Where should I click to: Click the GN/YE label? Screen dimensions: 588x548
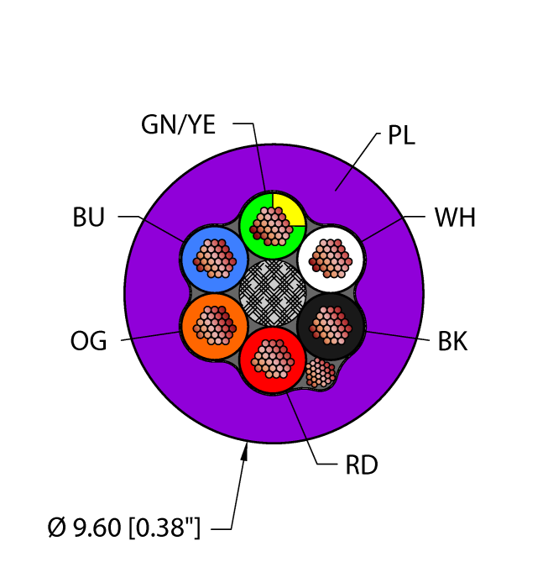tap(178, 125)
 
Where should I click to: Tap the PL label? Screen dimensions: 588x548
tap(401, 136)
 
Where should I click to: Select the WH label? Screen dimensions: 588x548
tap(455, 218)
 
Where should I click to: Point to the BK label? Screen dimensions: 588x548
tap(452, 342)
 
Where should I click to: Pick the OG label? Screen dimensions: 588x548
tap(89, 342)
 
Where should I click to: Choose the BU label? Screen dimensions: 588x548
tap(89, 218)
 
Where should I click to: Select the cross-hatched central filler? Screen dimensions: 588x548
tap(272, 291)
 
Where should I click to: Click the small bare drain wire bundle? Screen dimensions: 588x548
tap(320, 372)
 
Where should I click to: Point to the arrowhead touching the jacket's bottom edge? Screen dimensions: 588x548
tap(245, 454)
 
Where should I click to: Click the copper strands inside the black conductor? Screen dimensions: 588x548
tap(330, 324)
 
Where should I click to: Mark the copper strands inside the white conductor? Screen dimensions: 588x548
tap(330, 257)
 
